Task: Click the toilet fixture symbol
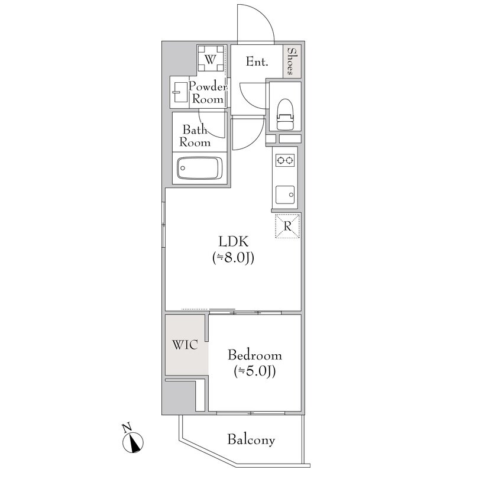click(x=285, y=114)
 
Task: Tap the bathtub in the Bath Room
click(x=199, y=168)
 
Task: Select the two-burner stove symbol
click(x=284, y=160)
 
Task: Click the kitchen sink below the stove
click(x=285, y=195)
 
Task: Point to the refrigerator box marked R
click(x=287, y=226)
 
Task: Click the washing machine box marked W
click(x=211, y=59)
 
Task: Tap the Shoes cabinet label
click(x=292, y=61)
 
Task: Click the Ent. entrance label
click(x=257, y=62)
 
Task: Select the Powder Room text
click(x=208, y=93)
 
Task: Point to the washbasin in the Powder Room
click(x=180, y=92)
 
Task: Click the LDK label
click(x=234, y=241)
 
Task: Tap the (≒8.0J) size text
click(x=234, y=258)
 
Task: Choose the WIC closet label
click(x=185, y=345)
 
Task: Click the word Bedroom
click(x=255, y=355)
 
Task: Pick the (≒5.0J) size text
click(x=255, y=371)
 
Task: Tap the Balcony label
click(x=251, y=440)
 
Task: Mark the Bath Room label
click(x=195, y=136)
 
